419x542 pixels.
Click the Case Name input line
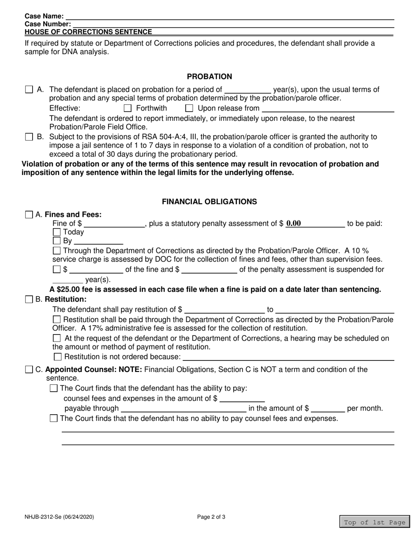229,16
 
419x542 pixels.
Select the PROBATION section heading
209,76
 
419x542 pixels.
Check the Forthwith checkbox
127,108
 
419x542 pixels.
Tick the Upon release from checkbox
189,108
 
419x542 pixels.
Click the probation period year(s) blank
247,89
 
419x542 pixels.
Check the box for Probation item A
29,89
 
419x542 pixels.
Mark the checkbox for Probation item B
29,137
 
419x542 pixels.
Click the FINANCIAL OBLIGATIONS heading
209,201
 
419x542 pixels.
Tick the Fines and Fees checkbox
29,215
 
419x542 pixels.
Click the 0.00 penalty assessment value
294,223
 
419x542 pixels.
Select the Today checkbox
56,232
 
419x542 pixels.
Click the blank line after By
98,241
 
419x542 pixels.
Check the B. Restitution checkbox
29,300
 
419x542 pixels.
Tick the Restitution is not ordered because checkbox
57,356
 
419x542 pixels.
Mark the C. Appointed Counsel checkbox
29,370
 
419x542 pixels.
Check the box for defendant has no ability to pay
54,419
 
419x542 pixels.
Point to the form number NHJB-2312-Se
59,517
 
